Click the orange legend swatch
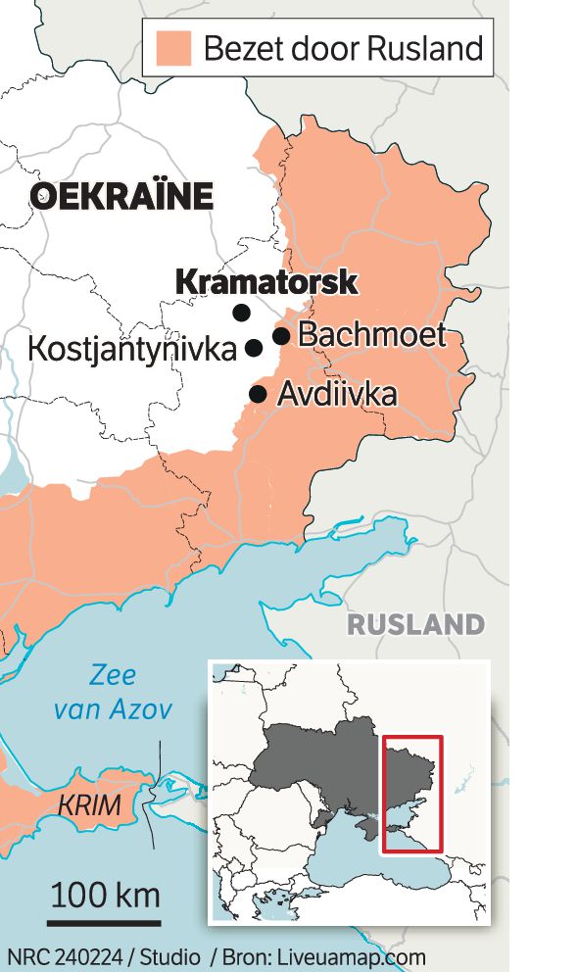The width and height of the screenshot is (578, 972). (172, 46)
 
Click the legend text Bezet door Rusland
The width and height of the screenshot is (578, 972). (343, 47)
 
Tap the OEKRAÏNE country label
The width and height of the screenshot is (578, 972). (121, 196)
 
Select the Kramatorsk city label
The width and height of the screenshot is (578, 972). (265, 282)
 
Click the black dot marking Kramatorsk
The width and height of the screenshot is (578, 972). (241, 313)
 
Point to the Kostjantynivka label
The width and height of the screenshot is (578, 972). (132, 348)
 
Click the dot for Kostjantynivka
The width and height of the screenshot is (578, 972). (254, 347)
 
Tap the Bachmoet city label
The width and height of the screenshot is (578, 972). (371, 335)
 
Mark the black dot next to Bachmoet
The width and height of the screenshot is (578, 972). (281, 336)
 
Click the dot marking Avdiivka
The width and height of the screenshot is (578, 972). (258, 394)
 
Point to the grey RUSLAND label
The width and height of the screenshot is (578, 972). (415, 624)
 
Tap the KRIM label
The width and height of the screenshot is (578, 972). (90, 806)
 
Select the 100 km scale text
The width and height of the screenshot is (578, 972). (105, 894)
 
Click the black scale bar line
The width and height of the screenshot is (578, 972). (104, 922)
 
